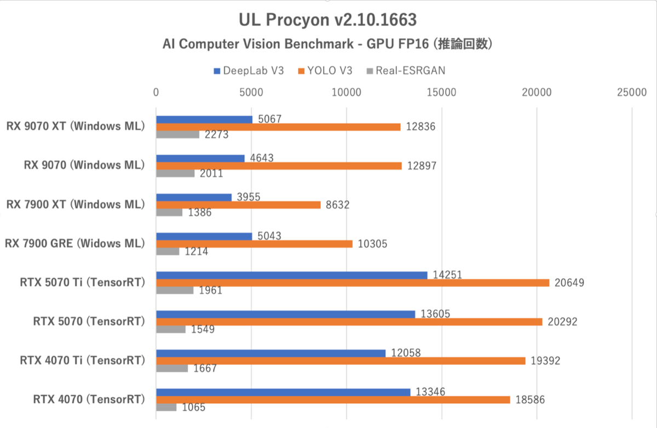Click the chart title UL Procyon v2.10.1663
[x=328, y=20]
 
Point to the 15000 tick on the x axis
[x=442, y=93]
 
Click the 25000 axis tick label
[x=632, y=93]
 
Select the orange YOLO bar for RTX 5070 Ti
[x=353, y=283]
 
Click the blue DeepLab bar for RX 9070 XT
[x=204, y=119]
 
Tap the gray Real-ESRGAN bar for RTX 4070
[x=166, y=407]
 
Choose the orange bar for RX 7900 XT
[x=238, y=205]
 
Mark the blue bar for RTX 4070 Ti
[x=270, y=353]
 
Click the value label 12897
[x=421, y=166]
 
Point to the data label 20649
[x=569, y=283]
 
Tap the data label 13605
[x=436, y=313]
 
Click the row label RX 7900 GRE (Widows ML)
[x=75, y=243]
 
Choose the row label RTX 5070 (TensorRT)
[x=89, y=322]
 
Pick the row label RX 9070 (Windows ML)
[x=84, y=165]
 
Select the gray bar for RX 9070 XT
[x=177, y=134]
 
